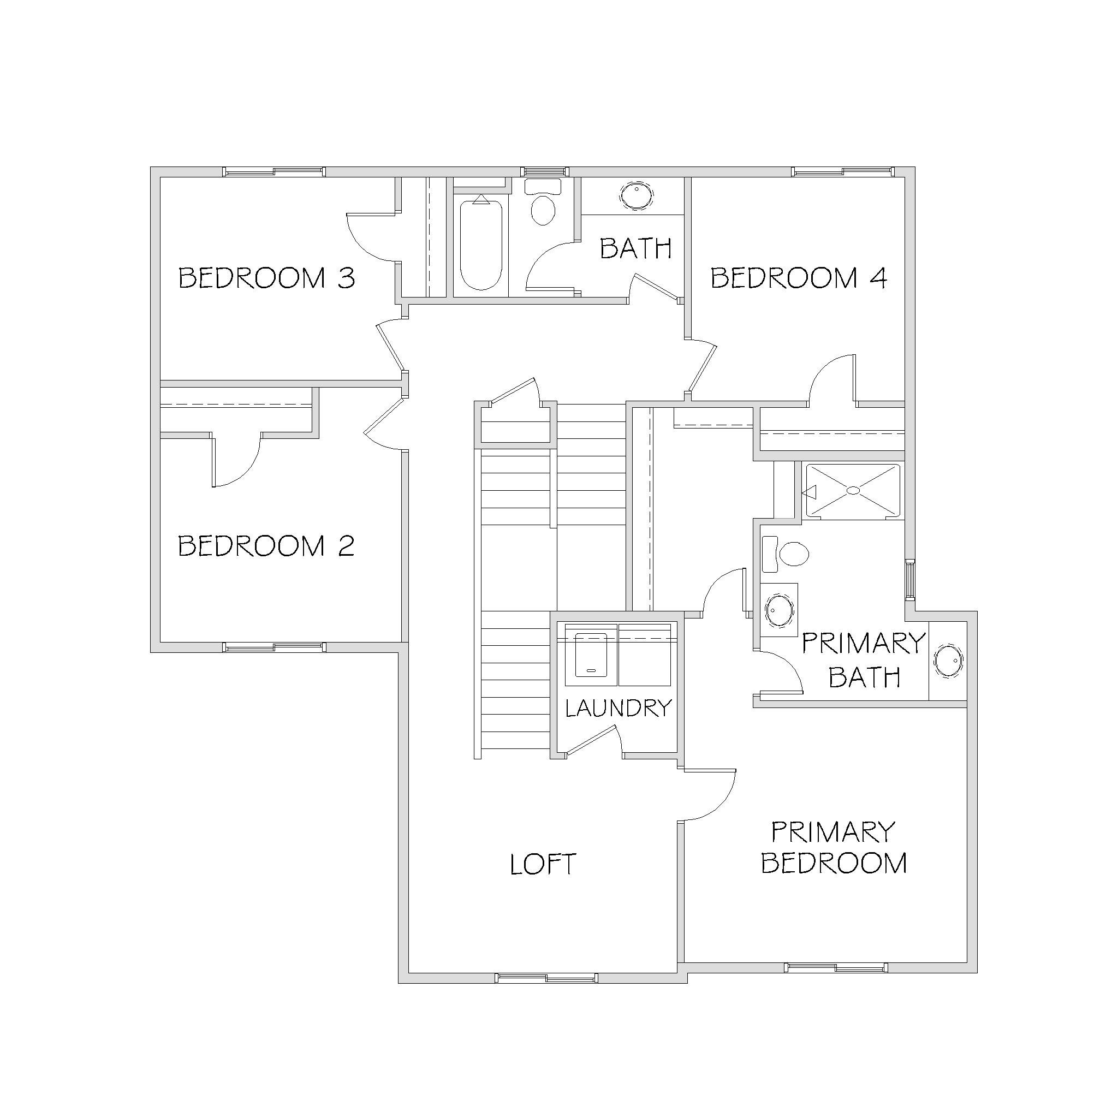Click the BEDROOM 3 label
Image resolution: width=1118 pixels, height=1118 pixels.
[x=267, y=278]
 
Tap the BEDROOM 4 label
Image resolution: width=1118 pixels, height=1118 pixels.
[x=799, y=278]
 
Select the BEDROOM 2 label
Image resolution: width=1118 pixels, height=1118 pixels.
[x=266, y=546]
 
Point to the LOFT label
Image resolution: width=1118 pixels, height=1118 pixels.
[x=543, y=864]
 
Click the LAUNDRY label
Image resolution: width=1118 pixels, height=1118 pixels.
[x=618, y=708]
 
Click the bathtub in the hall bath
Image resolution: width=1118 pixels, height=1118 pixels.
[x=480, y=242]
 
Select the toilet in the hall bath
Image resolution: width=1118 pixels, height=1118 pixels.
[x=543, y=202]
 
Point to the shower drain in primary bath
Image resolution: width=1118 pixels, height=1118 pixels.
[x=854, y=490]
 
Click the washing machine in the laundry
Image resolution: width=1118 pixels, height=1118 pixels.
[x=591, y=655]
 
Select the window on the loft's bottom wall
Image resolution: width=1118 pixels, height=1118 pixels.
[x=546, y=977]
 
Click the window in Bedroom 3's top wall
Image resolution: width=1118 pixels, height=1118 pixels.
[x=273, y=172]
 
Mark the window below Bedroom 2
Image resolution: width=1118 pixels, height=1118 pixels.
[x=274, y=647]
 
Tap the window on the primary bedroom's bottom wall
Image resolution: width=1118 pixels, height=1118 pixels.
[x=836, y=967]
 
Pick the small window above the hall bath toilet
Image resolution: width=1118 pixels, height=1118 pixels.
[x=544, y=172]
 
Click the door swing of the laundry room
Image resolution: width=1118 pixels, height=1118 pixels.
[x=594, y=741]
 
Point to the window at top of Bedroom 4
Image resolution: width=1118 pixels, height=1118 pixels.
[x=842, y=172]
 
